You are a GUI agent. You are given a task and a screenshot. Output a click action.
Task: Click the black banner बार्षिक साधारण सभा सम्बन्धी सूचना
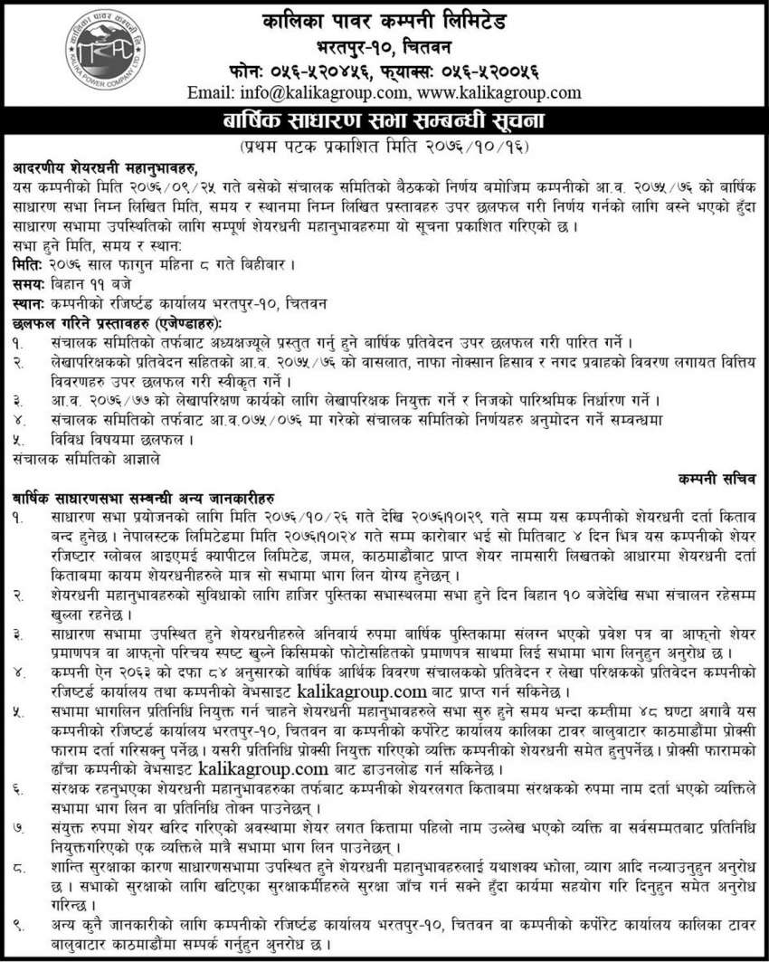point(384,119)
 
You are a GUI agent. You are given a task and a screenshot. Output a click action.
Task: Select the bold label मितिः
point(27,265)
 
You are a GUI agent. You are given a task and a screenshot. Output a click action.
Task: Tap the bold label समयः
point(29,283)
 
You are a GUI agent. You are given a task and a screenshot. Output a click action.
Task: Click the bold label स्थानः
point(29,301)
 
